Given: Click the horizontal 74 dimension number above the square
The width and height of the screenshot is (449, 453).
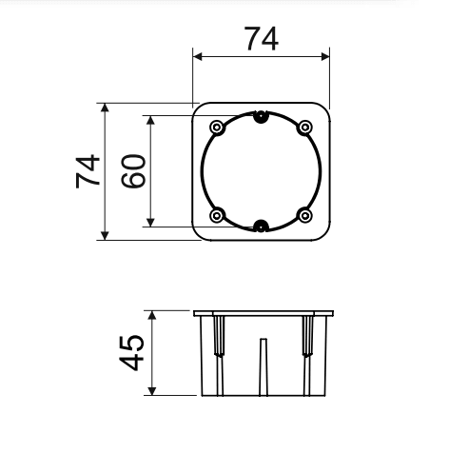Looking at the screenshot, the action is pyautogui.click(x=262, y=38).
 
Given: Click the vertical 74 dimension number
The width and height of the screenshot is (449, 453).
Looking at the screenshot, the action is pyautogui.click(x=88, y=171).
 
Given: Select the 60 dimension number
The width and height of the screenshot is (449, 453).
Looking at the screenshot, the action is pyautogui.click(x=133, y=171).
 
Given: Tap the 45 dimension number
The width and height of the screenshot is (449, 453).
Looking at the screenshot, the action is pyautogui.click(x=131, y=352).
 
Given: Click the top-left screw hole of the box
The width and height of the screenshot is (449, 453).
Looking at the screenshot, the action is pyautogui.click(x=217, y=128).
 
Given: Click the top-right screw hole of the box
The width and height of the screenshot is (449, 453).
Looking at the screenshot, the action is pyautogui.click(x=304, y=128).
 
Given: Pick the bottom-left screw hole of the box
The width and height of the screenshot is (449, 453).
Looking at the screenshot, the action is pyautogui.click(x=217, y=216).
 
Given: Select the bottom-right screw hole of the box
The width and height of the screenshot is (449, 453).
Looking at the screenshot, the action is pyautogui.click(x=304, y=216).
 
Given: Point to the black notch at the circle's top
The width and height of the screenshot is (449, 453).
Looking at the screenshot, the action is pyautogui.click(x=261, y=117).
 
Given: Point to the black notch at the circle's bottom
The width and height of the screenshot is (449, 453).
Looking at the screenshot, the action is pyautogui.click(x=261, y=226).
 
